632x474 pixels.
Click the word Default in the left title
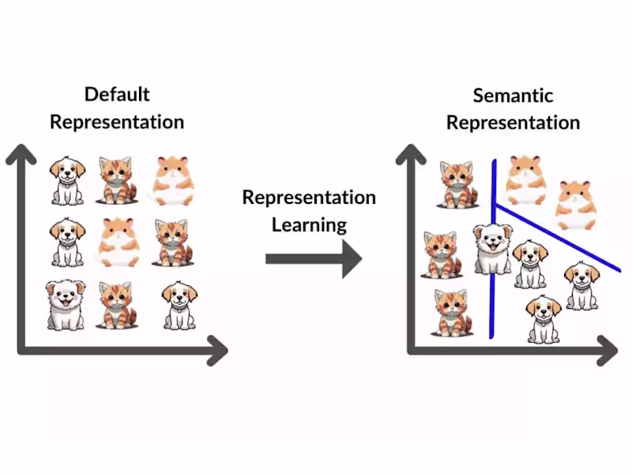pos(117,95)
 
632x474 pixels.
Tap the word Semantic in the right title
pos(513,96)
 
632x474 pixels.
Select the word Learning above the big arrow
pos(309,224)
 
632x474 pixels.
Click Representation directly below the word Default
pos(117,122)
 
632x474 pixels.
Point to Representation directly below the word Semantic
pos(513,123)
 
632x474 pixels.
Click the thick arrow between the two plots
pos(313,258)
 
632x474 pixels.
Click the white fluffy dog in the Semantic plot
pos(493,248)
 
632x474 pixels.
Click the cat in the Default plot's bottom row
pos(117,305)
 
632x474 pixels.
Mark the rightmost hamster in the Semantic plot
pos(575,205)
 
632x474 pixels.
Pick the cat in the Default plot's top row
pos(116,180)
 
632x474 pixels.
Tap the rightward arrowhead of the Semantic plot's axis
pos(608,350)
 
